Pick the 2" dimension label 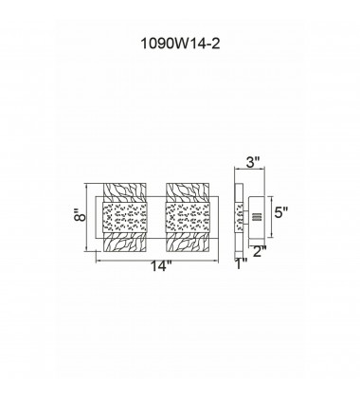[x=259, y=251]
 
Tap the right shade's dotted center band [x=191, y=217]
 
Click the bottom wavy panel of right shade [x=191, y=244]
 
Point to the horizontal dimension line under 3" [x=250, y=171]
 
